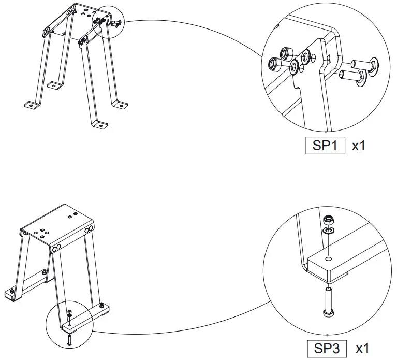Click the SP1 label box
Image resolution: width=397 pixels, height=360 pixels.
click(325, 146)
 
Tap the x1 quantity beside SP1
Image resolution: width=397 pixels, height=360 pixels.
click(359, 146)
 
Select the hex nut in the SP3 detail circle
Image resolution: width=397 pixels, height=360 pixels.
click(328, 220)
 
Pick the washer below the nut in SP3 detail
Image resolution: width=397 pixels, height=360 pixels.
click(328, 231)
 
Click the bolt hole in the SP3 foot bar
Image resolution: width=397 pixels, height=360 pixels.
click(328, 258)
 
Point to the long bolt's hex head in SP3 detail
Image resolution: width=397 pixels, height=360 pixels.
click(328, 314)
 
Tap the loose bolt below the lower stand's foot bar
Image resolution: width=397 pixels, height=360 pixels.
click(69, 339)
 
